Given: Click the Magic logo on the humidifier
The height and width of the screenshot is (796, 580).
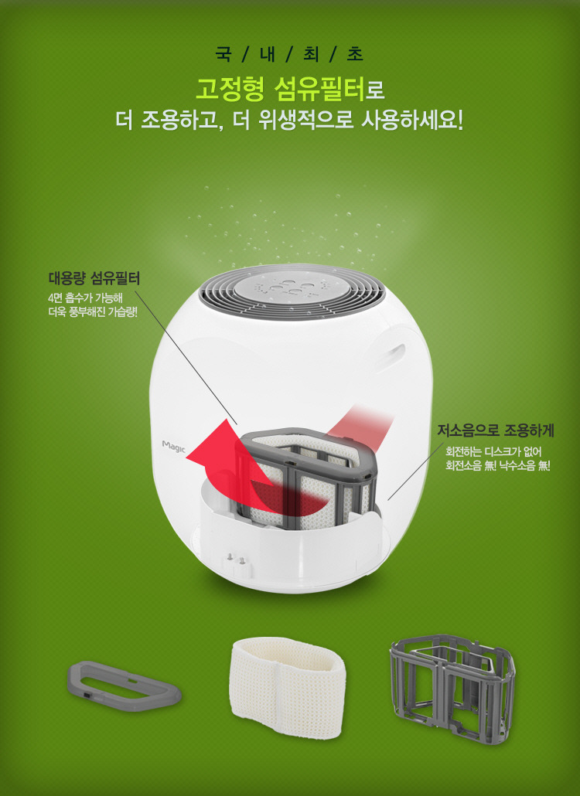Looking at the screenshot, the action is tap(174, 447).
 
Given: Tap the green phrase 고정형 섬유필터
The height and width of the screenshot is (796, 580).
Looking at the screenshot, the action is tap(281, 90).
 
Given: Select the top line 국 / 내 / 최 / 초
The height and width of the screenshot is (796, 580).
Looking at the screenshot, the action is tap(289, 54).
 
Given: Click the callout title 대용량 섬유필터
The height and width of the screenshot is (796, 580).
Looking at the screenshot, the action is tap(94, 278).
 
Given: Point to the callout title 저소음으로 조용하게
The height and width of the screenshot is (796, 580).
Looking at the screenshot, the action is tap(496, 430).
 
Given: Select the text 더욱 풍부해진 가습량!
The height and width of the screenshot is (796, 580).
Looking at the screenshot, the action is tap(93, 311).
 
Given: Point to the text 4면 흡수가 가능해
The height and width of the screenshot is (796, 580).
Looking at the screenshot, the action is tap(85, 298).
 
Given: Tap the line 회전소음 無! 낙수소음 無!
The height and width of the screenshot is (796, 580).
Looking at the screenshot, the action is tap(498, 465).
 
